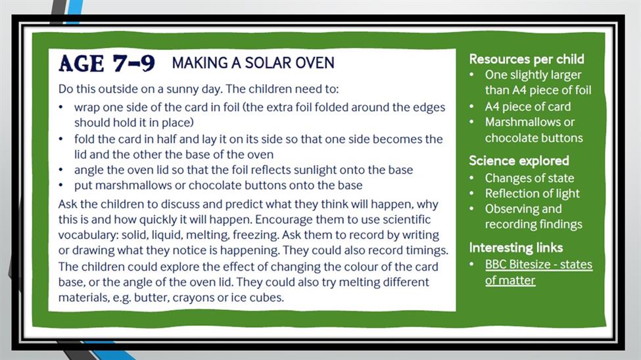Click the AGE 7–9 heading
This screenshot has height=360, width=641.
107,63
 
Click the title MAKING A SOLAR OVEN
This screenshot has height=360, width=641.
253,63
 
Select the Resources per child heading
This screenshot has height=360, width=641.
527,59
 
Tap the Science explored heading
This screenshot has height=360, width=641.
519,160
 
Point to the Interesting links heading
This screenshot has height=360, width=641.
516,248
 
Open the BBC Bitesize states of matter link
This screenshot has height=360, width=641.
538,272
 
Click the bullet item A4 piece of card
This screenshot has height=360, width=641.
528,106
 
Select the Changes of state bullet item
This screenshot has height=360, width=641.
529,178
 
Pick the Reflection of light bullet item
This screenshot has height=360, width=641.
533,193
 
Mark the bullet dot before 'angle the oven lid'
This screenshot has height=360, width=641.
61,170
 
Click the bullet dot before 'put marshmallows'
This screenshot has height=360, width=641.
61,185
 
